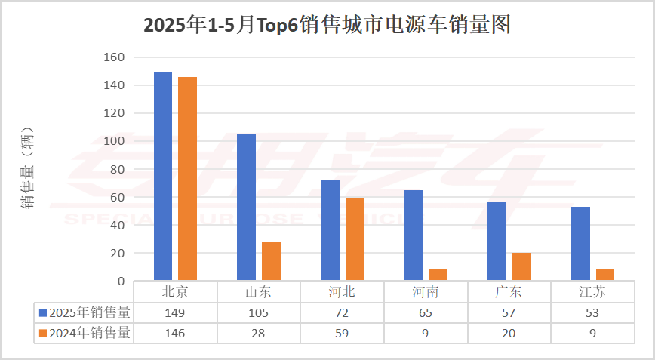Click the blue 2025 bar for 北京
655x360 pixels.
click(x=163, y=177)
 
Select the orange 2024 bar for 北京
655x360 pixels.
click(x=187, y=179)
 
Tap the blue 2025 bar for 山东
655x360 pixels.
click(x=247, y=208)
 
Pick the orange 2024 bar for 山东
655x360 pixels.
click(x=271, y=261)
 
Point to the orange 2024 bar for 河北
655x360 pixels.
click(x=354, y=239)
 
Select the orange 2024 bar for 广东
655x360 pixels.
click(x=521, y=267)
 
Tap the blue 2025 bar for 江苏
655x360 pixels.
click(x=580, y=244)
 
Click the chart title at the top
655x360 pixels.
click(x=327, y=26)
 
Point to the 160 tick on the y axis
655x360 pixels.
click(x=114, y=57)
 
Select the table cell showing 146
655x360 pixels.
click(x=175, y=333)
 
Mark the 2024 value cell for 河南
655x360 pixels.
click(x=426, y=333)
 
